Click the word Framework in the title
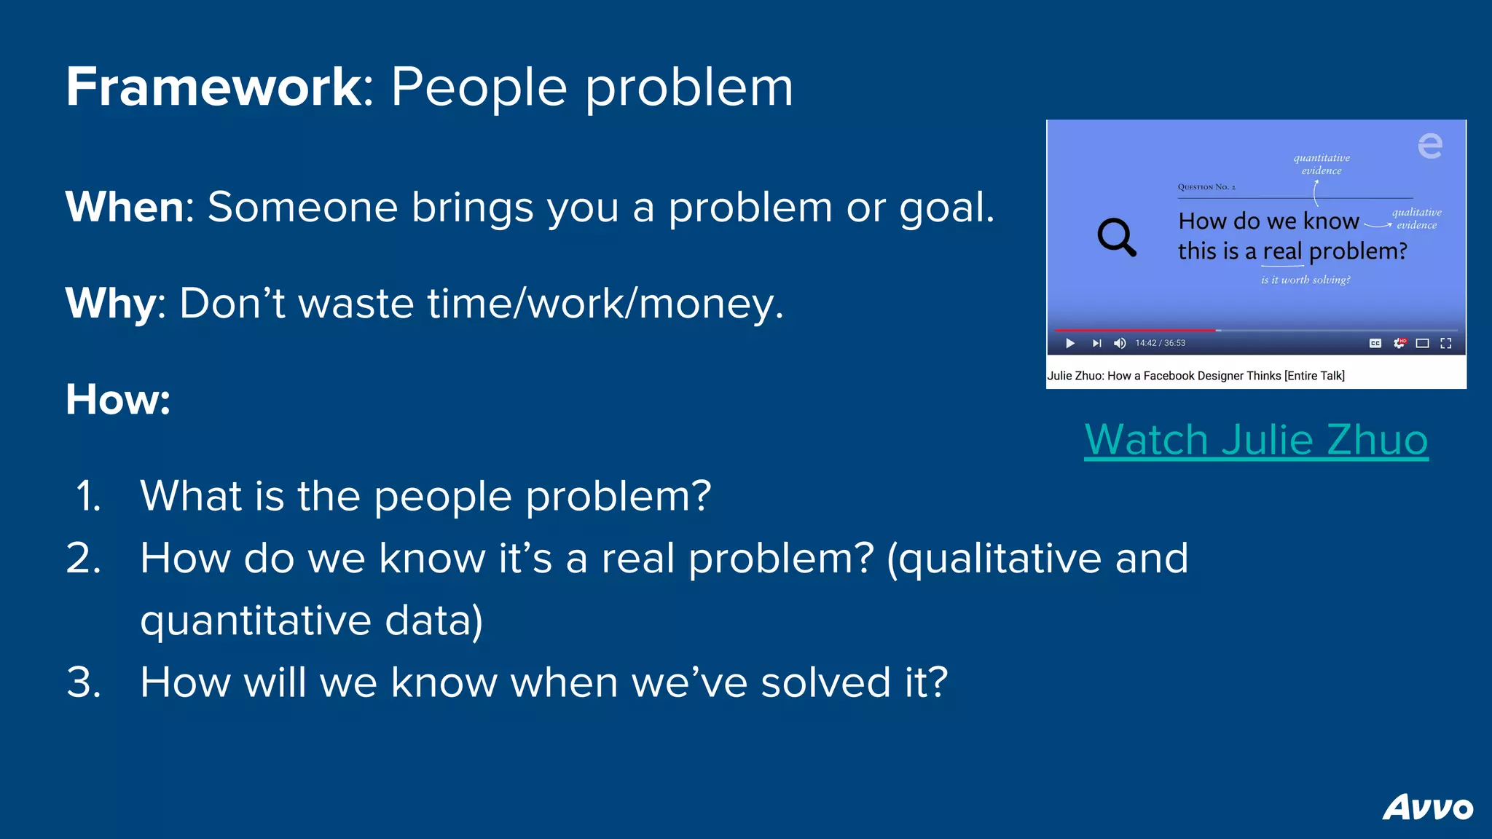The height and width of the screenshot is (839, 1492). (x=213, y=87)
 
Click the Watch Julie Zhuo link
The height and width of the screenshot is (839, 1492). (x=1256, y=440)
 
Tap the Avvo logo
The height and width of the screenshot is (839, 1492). (x=1427, y=808)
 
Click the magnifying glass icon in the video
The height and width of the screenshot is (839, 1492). (x=1116, y=237)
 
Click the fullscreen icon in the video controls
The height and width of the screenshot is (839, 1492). (x=1446, y=343)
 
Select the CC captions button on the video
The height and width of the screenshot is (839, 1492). (x=1375, y=343)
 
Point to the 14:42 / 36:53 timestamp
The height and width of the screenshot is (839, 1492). (x=1160, y=343)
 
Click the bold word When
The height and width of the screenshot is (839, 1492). (x=125, y=208)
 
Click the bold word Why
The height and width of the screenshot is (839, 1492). (x=109, y=304)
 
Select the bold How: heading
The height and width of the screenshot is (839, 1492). (x=117, y=400)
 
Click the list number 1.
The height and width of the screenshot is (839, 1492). (x=88, y=497)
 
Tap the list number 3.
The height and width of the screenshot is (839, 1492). (x=84, y=683)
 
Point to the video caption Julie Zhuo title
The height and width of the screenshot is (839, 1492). (x=1195, y=376)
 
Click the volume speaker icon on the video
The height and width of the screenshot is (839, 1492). (x=1120, y=343)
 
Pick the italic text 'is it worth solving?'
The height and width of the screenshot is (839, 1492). (x=1305, y=280)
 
